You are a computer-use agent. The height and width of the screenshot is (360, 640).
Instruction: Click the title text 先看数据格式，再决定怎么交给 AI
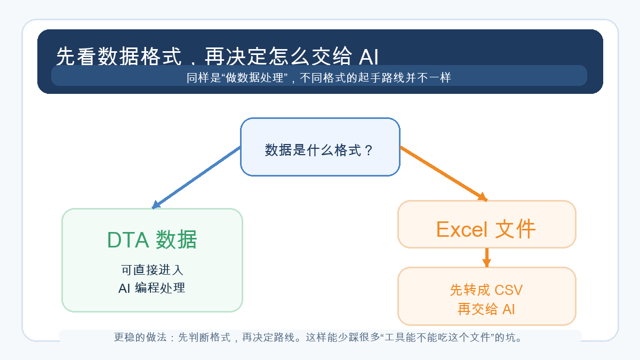217,56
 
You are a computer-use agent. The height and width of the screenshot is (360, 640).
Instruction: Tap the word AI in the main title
369,57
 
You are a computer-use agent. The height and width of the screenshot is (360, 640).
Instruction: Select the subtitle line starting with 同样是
318,77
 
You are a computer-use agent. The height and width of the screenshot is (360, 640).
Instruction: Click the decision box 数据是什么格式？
320,147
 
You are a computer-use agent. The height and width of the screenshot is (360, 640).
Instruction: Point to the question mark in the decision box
369,150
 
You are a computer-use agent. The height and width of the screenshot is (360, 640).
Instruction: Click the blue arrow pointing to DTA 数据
196,178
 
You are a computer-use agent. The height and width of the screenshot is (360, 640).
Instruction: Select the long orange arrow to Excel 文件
444,174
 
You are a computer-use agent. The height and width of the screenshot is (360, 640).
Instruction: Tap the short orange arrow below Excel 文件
487,258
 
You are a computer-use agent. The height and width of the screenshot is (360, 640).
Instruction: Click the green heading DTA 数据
152,239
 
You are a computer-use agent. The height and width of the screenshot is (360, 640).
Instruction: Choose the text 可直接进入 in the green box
152,270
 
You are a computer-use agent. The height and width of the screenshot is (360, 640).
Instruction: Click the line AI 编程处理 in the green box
152,287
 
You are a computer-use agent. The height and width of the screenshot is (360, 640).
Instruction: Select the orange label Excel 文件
486,229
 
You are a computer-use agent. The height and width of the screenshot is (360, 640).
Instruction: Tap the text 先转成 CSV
486,290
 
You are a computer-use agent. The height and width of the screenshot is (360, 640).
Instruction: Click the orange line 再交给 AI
486,309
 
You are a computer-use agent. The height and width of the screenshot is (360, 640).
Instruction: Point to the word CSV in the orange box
509,290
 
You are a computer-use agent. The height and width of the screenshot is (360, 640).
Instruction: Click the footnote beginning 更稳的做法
318,338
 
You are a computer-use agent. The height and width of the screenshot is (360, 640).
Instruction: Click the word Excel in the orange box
462,229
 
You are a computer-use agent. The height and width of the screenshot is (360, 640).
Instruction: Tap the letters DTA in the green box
128,239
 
